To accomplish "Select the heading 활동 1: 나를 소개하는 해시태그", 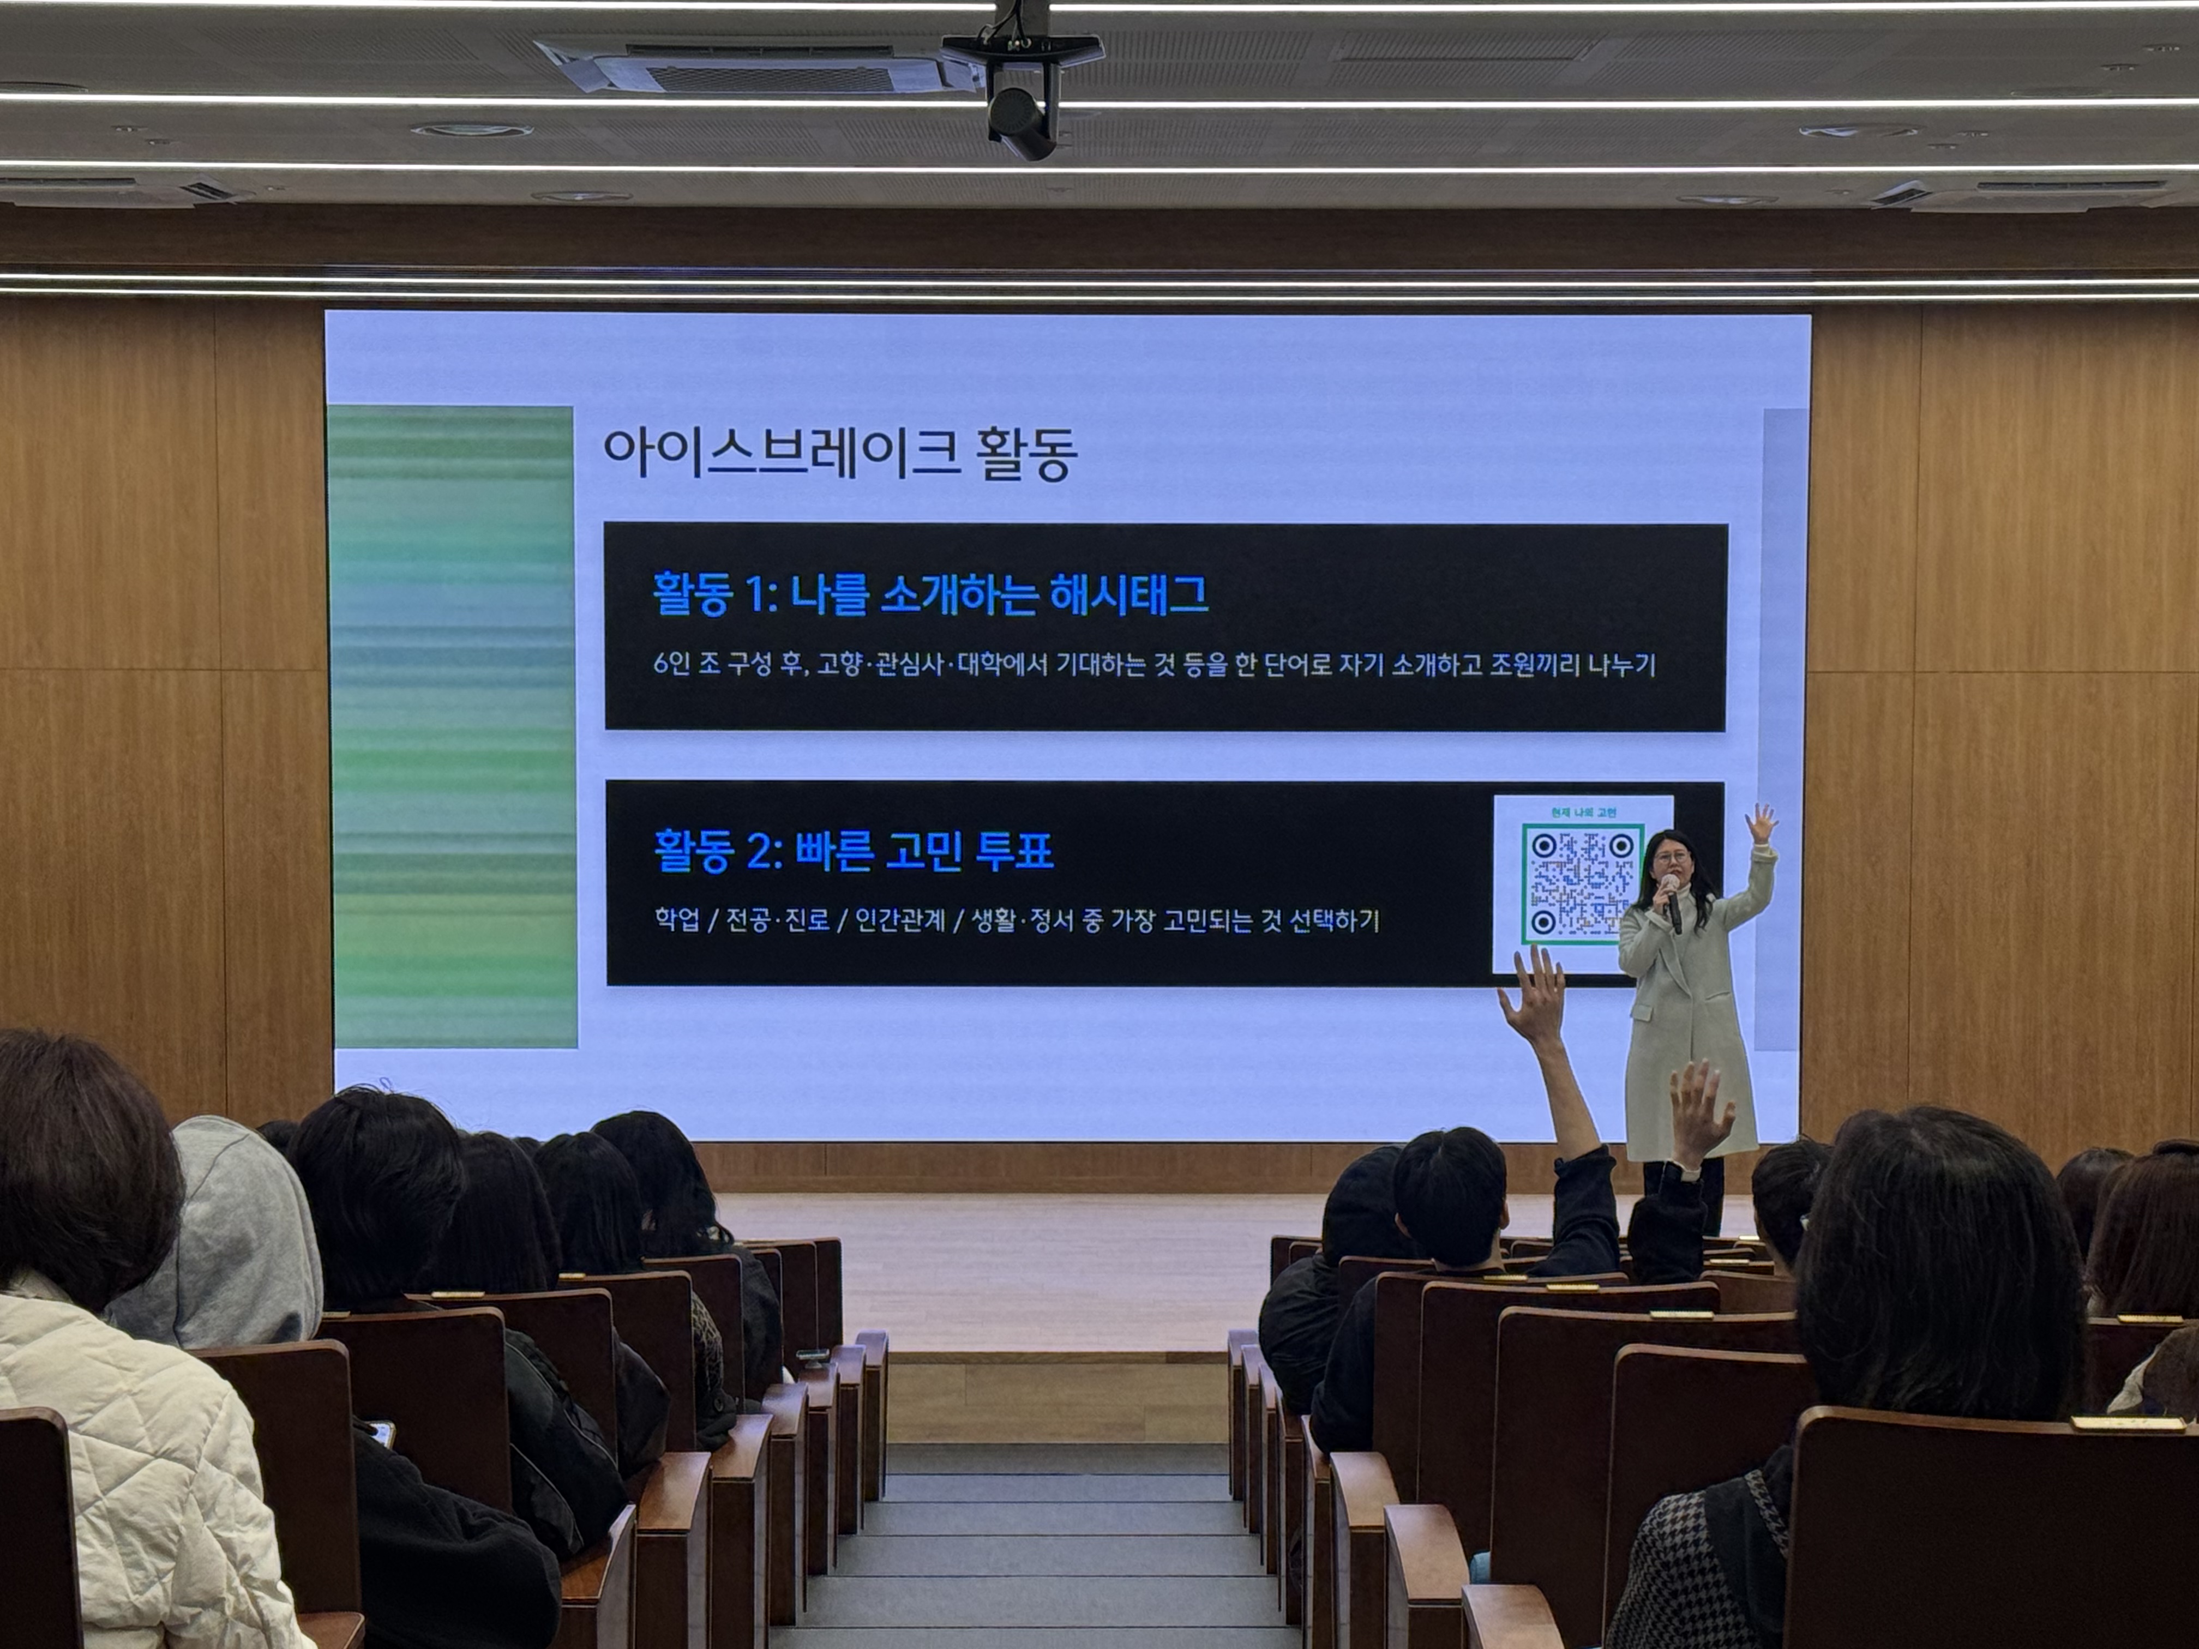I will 929,594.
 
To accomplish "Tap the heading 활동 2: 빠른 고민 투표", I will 853,851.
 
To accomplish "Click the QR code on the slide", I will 1581,883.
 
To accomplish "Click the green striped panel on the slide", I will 452,726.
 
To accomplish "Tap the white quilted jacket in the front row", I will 129,1471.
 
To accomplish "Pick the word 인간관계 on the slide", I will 900,920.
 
